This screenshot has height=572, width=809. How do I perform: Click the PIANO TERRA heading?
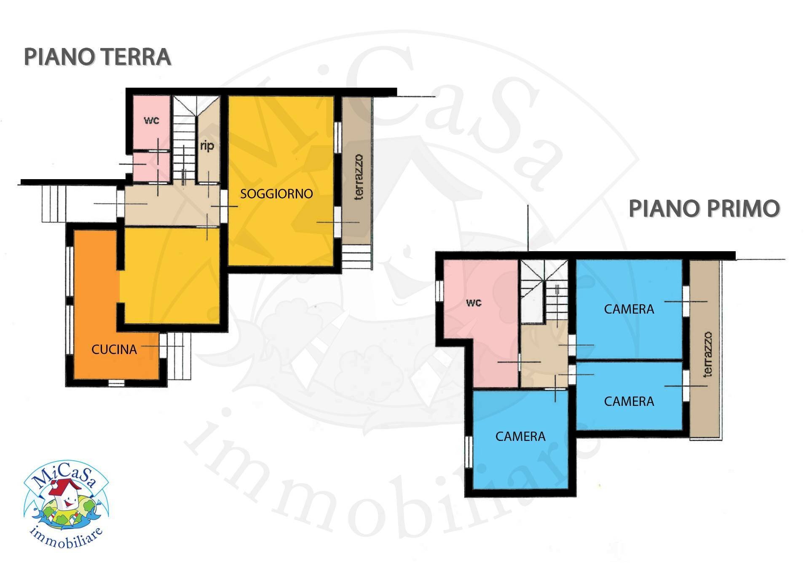click(97, 57)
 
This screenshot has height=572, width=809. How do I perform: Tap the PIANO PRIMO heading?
click(704, 209)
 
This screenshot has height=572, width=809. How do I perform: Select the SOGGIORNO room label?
click(276, 194)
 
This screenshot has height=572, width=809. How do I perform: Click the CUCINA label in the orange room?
click(114, 349)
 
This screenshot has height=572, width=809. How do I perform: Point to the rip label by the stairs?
click(207, 146)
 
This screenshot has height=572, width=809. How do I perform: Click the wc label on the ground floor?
click(152, 120)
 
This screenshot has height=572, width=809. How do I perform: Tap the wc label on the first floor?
click(474, 303)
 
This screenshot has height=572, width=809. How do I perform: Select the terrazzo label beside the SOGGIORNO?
click(358, 177)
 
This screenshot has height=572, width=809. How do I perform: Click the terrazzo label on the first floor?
click(708, 354)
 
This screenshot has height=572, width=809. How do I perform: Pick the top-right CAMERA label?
click(629, 309)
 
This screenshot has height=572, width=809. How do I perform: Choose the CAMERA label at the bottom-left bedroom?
click(520, 436)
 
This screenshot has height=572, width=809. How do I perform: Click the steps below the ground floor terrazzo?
click(356, 257)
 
